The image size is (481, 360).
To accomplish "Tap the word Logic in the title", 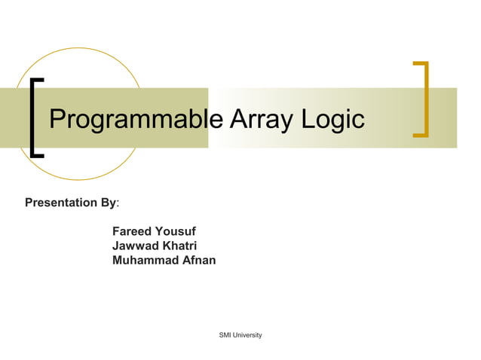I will coord(332,120).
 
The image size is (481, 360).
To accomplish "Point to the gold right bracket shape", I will coord(424,99).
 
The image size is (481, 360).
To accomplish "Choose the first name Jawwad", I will coord(136,246).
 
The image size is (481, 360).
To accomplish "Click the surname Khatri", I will coord(181,246).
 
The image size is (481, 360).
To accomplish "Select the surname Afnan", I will coord(198,261).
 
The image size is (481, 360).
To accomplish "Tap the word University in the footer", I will coord(247,334).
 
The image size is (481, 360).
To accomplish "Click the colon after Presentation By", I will coord(119,203).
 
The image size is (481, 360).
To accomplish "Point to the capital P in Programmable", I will coord(57,120).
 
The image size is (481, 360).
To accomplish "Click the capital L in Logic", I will coord(307,119).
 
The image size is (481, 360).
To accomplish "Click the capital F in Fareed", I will coord(115,230).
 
